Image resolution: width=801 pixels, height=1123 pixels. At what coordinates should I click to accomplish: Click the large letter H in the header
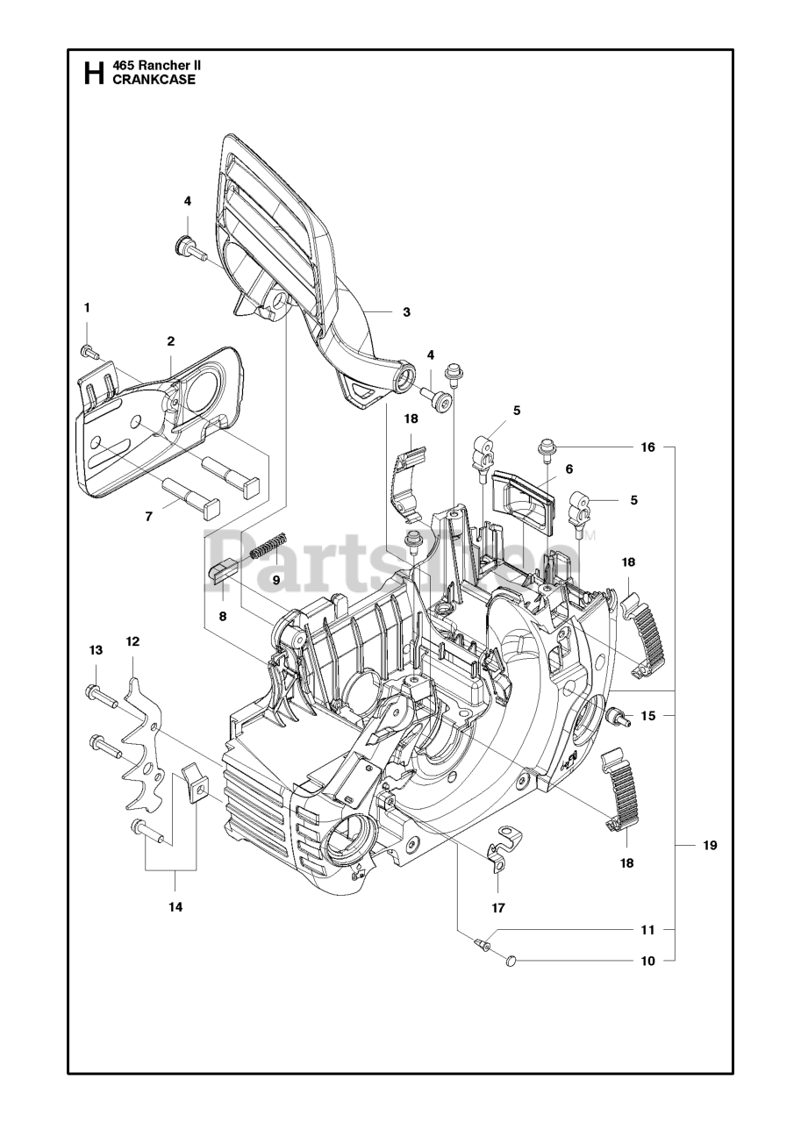[x=94, y=73]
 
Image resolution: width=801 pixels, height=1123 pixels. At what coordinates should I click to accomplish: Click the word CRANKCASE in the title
[x=154, y=80]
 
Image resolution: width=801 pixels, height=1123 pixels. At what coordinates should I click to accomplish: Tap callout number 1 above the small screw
[x=87, y=308]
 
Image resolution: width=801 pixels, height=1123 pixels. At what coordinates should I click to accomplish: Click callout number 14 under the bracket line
[x=176, y=907]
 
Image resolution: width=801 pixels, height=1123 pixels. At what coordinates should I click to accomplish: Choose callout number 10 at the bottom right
[x=648, y=975]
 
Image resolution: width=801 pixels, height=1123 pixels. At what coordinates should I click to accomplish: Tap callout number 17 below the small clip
[x=498, y=908]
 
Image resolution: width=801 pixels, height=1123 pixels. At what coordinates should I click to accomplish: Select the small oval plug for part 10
[x=510, y=974]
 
